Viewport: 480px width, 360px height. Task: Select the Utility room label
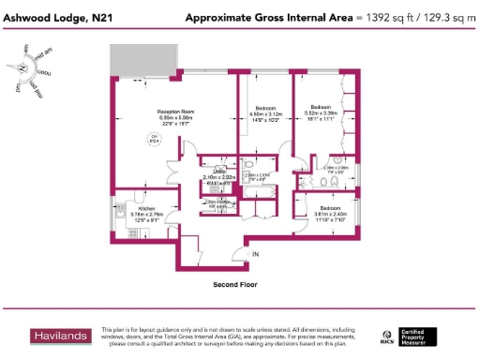218,172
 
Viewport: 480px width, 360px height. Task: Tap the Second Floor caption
235,283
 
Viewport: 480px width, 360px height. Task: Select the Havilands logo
48,336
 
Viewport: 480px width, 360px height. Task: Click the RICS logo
386,336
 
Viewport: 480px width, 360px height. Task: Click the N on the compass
22,68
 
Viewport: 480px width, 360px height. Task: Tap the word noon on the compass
43,73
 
